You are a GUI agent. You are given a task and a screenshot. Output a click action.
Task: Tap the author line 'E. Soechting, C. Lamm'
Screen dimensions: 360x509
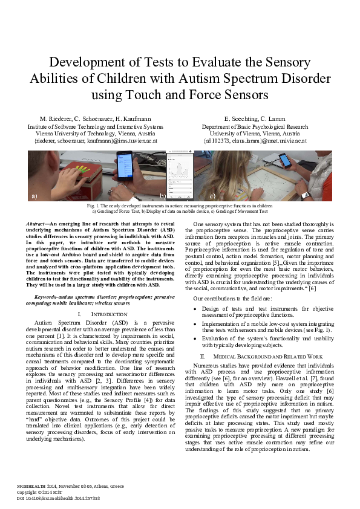click(255, 118)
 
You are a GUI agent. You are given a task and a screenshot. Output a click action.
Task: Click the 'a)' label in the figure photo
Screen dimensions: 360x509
click(34, 196)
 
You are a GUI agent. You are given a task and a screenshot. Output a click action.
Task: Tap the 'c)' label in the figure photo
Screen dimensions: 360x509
click(213, 196)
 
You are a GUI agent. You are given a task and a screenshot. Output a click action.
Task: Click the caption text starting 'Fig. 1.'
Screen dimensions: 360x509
click(180, 206)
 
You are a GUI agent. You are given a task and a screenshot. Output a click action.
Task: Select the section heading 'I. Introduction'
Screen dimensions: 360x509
click(97, 315)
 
